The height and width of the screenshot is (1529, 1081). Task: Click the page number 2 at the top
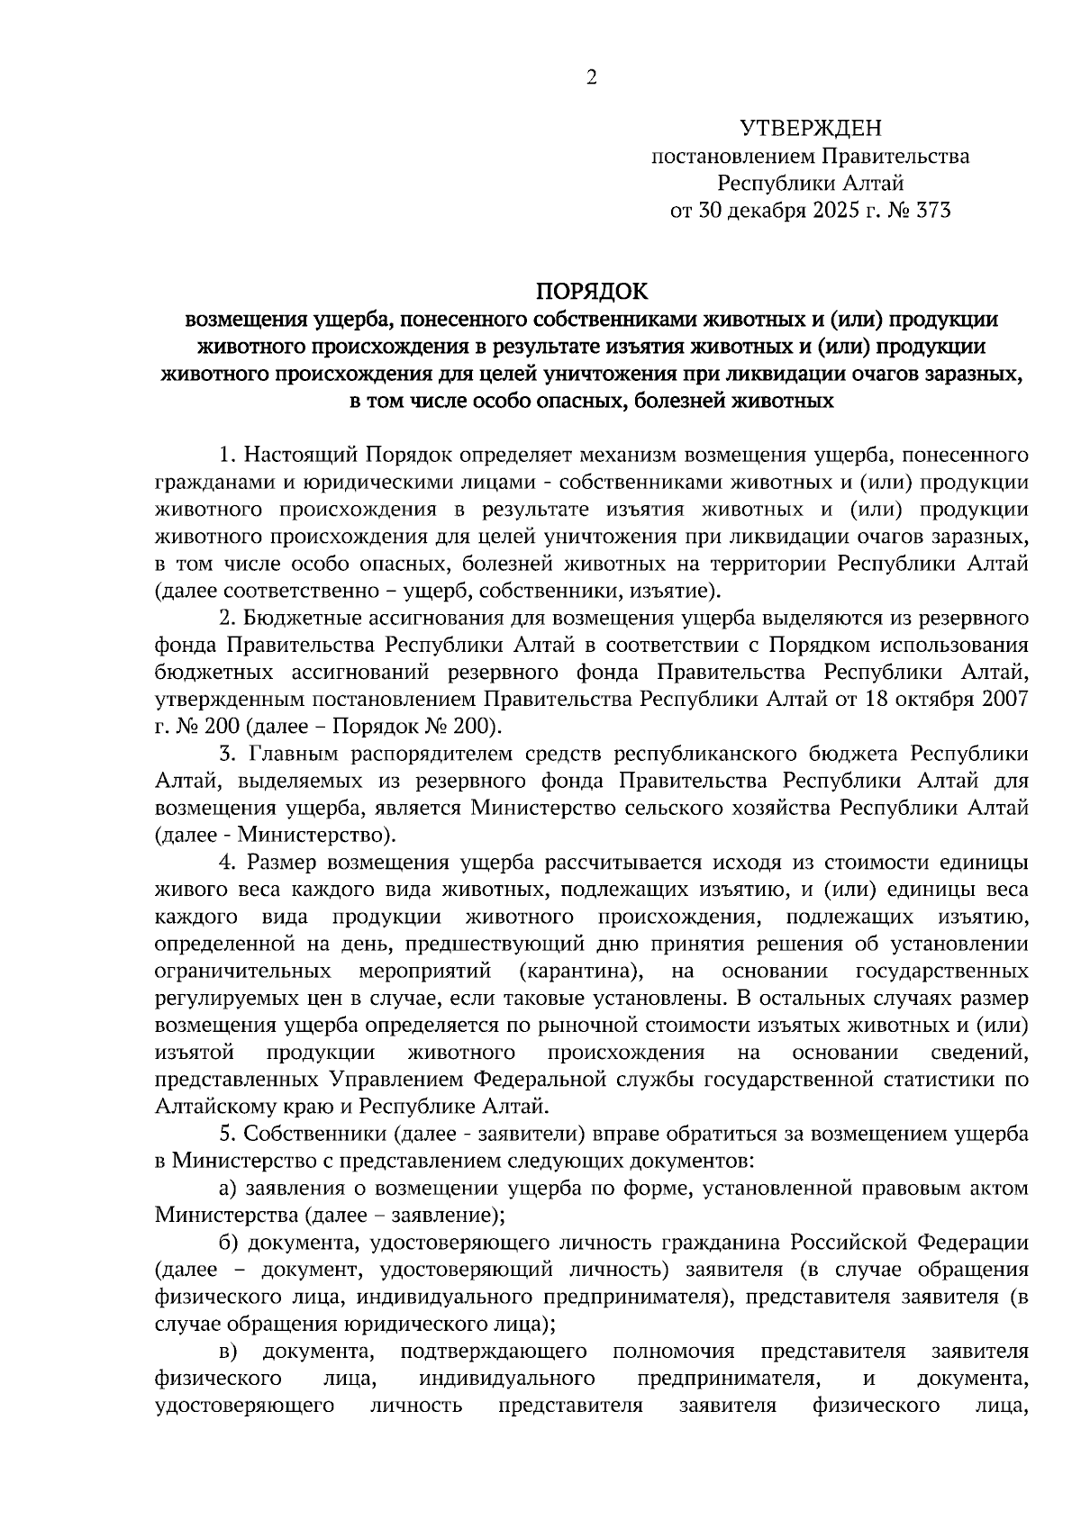(x=591, y=77)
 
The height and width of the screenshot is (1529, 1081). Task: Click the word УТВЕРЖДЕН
(x=811, y=129)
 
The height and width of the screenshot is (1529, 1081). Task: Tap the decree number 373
(x=931, y=212)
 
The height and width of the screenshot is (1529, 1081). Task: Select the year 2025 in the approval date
(x=826, y=212)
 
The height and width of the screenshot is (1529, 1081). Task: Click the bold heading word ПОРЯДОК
(x=591, y=291)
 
